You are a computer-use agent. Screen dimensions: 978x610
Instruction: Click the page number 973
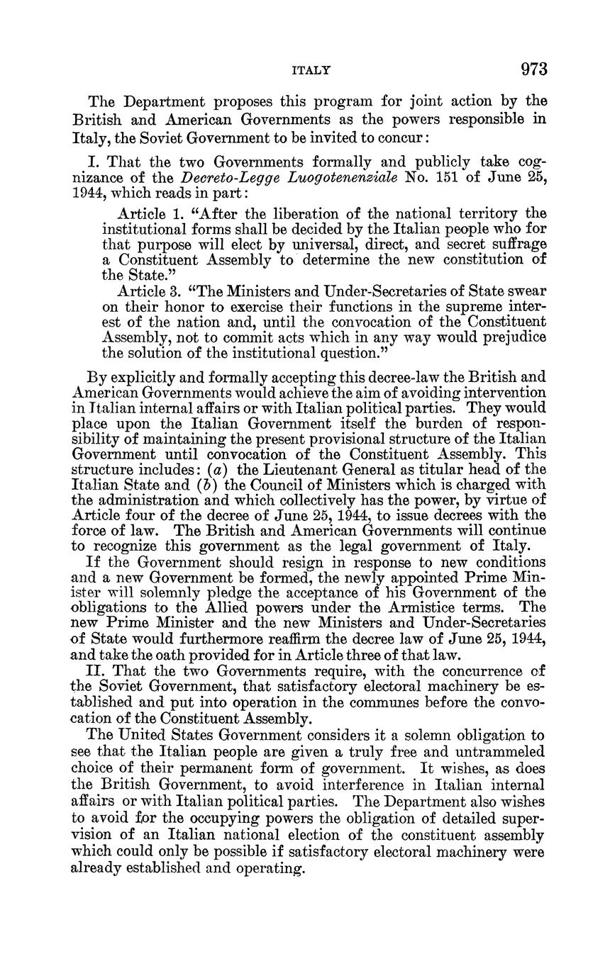pos(534,69)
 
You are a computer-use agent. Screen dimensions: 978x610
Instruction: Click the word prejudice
pos(509,337)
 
